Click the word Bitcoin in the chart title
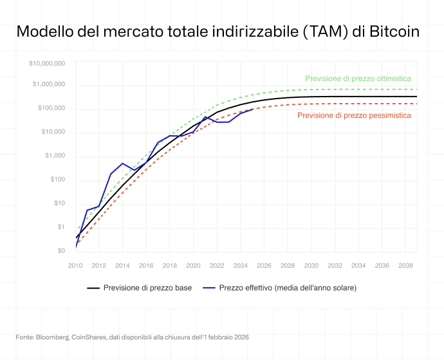395,32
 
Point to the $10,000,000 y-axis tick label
47,63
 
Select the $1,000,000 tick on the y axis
49,84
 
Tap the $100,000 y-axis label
51,108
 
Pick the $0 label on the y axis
61,251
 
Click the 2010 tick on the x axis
76,265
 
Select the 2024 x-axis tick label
241,265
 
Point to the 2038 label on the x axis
405,265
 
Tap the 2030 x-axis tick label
311,265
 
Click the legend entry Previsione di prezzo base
147,287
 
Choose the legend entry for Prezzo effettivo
288,287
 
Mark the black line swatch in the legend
93,288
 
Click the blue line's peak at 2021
205,117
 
